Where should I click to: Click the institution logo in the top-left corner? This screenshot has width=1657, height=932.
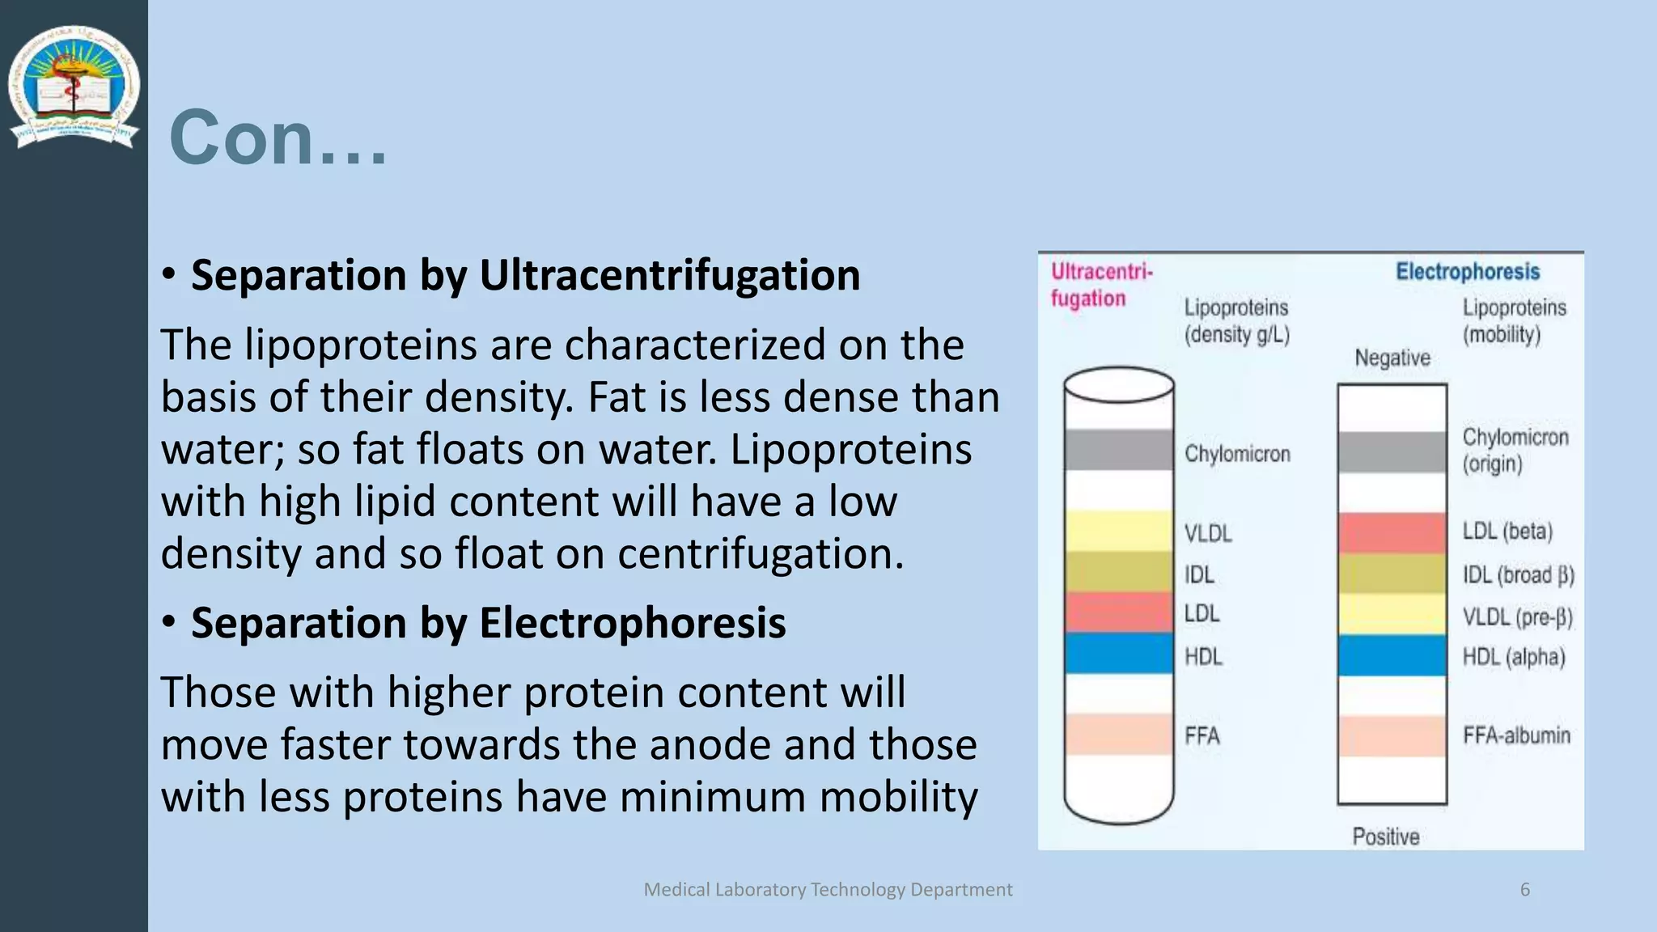[74, 87]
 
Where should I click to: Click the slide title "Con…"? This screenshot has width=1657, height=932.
[278, 138]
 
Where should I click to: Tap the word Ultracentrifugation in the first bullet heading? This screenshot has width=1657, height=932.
[669, 275]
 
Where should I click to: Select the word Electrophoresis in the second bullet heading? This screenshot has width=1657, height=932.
[632, 623]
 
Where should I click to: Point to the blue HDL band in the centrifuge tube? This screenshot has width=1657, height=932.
[1119, 654]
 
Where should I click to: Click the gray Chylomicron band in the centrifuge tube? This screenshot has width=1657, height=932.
[1119, 450]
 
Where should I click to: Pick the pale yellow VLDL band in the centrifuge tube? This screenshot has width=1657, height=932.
[1119, 532]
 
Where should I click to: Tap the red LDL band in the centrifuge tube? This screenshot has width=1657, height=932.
[1119, 612]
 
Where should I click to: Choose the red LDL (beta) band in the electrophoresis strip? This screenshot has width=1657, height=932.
[1392, 532]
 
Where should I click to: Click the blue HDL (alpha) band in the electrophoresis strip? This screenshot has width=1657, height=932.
[1392, 655]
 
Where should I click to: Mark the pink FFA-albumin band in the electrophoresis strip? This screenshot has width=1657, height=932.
[1392, 736]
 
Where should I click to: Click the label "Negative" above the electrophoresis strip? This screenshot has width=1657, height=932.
[1392, 358]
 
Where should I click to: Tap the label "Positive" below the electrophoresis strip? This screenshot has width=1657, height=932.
[1386, 837]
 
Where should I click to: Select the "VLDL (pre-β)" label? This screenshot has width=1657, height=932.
[1517, 617]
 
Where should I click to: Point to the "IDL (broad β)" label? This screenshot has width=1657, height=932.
[1518, 575]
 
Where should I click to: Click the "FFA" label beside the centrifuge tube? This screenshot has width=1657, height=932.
[1202, 736]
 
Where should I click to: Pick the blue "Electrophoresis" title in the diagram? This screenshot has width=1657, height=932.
[1468, 272]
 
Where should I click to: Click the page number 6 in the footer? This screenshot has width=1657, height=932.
[1525, 890]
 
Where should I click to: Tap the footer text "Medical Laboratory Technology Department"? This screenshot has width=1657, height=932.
[828, 890]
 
